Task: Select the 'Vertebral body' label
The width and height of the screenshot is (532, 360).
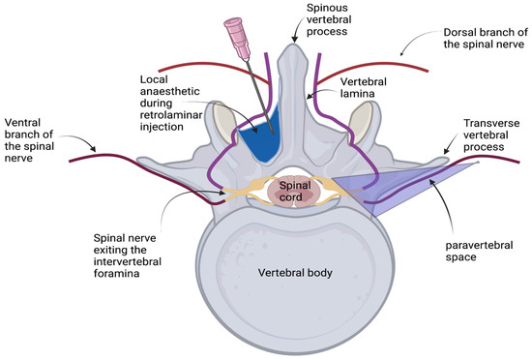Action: tap(293, 273)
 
